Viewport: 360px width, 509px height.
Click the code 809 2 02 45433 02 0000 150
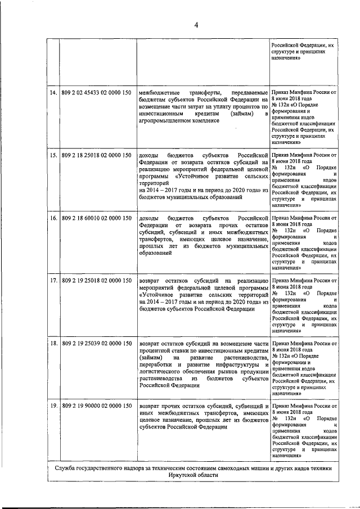click(x=96, y=92)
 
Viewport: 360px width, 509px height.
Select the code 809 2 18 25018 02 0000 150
click(x=96, y=154)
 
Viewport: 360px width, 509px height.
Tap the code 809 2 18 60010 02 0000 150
click(x=96, y=217)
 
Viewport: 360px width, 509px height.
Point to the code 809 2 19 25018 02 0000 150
click(x=96, y=280)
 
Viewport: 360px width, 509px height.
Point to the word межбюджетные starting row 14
click(x=160, y=92)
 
